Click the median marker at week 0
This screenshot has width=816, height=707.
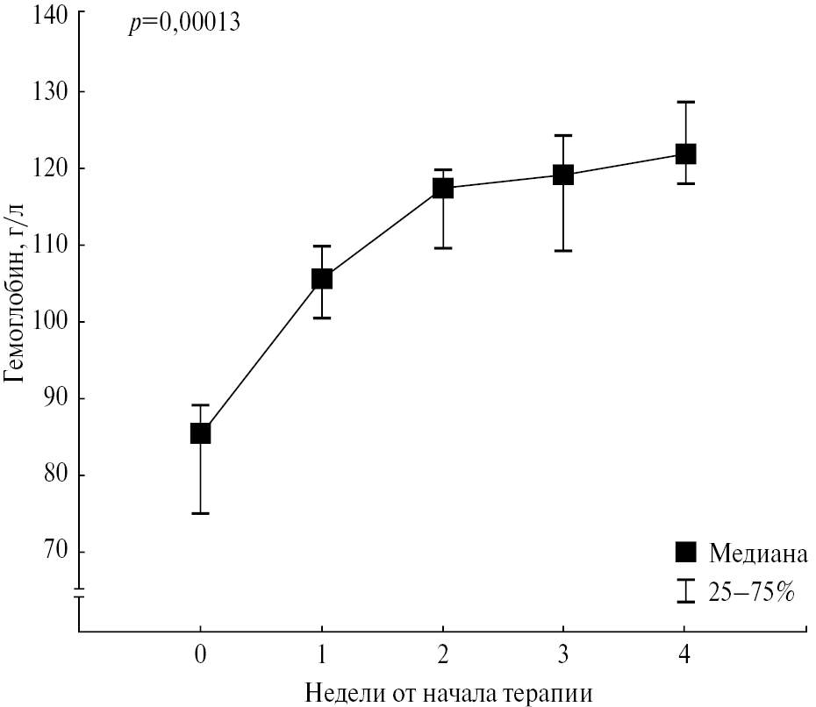coord(200,432)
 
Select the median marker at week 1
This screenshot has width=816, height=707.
coord(322,279)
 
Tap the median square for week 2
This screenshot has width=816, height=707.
coord(442,188)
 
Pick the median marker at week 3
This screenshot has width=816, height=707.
coord(562,175)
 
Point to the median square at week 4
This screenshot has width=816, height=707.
coord(684,154)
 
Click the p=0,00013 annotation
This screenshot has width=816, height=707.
coord(184,24)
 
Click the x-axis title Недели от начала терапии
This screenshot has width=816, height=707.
coord(449,692)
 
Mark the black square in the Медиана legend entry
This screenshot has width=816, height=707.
coord(685,553)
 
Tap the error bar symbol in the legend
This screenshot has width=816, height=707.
coord(685,591)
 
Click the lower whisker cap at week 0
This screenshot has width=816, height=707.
coord(200,513)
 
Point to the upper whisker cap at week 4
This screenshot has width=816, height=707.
coord(684,102)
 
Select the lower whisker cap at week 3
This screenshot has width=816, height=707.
coord(562,251)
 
